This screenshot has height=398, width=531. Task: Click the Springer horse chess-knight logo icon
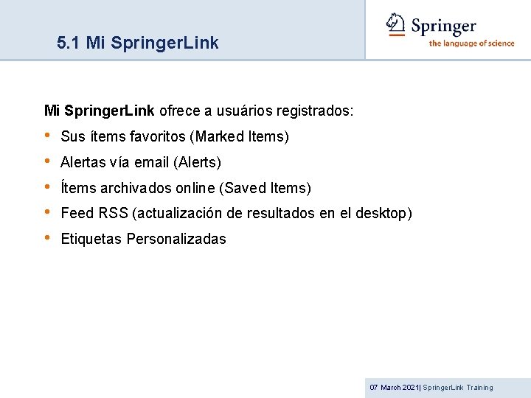[397, 24]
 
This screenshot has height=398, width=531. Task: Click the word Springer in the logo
[443, 27]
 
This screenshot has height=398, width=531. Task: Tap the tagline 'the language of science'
[471, 43]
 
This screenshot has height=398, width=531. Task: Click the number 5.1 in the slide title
[69, 43]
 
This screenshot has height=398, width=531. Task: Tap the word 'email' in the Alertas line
[152, 162]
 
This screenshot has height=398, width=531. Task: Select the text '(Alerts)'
[197, 162]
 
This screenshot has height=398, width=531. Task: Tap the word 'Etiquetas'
[91, 239]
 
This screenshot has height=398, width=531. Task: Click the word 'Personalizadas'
[176, 239]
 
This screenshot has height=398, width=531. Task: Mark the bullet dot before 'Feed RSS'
[48, 213]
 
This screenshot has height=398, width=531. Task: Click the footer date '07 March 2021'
[393, 388]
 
